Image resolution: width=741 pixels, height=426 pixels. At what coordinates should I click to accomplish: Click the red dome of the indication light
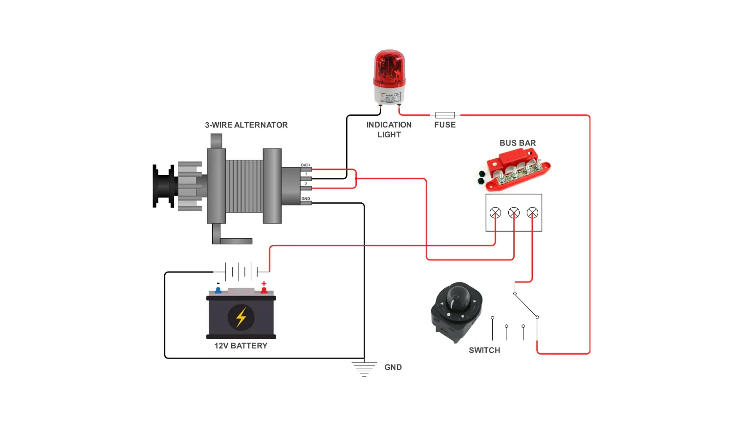tap(389, 68)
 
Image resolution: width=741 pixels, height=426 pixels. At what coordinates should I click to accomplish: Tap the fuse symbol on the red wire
tap(445, 115)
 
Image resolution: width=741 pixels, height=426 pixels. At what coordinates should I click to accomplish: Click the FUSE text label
tap(445, 125)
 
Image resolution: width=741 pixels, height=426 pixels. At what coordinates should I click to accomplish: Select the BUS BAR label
tap(518, 143)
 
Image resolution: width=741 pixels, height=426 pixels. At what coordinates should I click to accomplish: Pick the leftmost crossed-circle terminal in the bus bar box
tap(495, 213)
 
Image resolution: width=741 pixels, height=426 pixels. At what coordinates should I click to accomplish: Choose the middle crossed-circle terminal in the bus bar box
tap(514, 213)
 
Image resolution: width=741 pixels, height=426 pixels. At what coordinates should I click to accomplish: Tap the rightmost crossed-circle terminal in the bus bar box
tap(532, 213)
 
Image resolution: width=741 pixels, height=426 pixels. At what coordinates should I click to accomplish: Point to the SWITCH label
tap(484, 350)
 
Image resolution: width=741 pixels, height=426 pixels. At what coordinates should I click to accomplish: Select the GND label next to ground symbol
tap(393, 367)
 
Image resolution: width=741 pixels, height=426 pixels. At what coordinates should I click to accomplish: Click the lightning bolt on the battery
tap(241, 317)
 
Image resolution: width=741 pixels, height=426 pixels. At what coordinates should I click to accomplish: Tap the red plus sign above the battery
tap(264, 283)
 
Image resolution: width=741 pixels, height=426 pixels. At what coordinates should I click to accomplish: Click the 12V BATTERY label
tap(241, 346)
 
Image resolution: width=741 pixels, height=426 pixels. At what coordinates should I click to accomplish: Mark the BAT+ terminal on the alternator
tap(306, 169)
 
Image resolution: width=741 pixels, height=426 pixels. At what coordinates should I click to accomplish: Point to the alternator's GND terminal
tap(306, 202)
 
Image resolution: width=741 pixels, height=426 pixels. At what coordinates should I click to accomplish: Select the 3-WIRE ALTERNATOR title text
tap(246, 125)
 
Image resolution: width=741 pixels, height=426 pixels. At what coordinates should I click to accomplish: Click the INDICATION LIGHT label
tap(389, 130)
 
